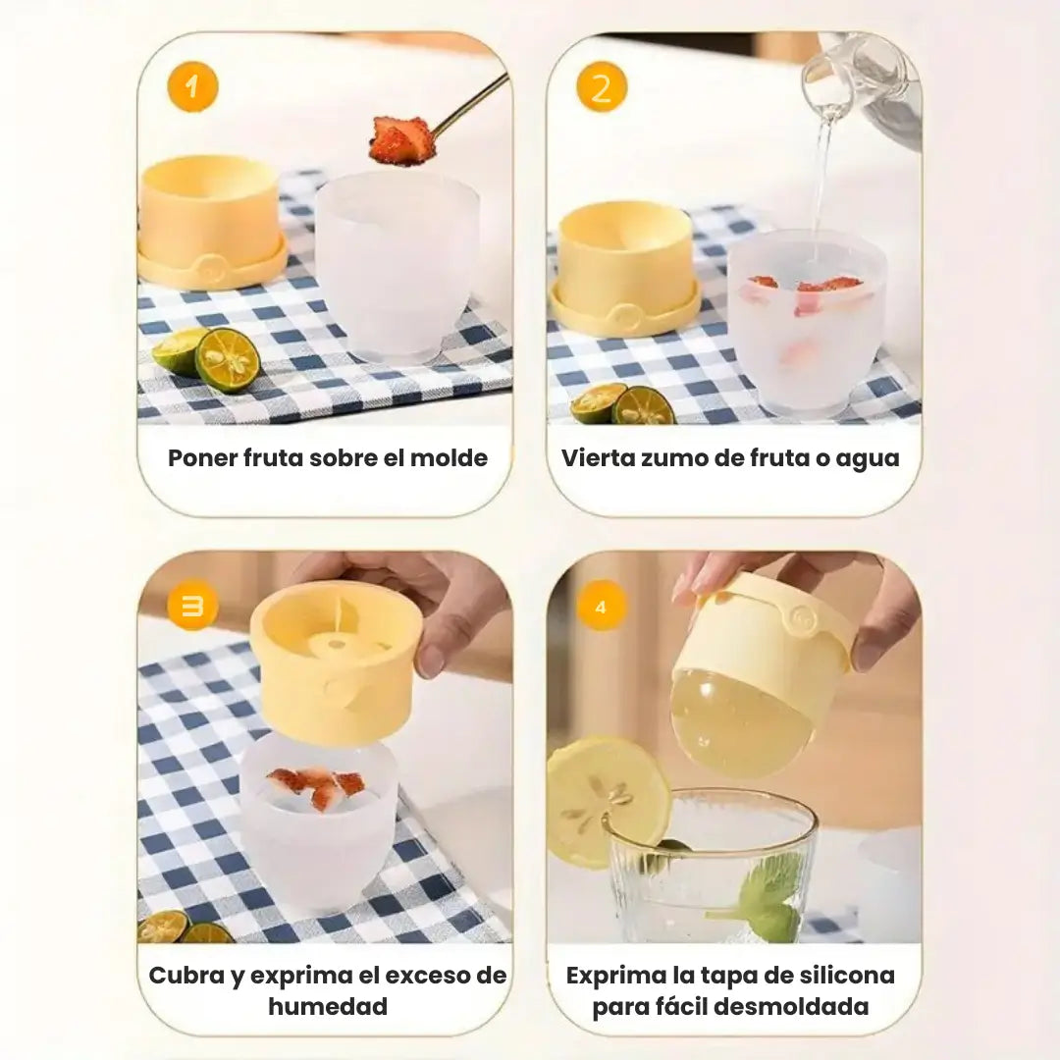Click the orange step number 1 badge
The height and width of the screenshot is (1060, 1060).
(192, 86)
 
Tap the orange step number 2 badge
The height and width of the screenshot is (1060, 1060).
(602, 86)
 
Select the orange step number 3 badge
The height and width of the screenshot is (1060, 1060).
(192, 606)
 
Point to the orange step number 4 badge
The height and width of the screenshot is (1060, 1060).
(602, 606)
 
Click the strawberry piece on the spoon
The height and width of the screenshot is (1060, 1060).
(402, 141)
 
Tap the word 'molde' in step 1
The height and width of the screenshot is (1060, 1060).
(449, 457)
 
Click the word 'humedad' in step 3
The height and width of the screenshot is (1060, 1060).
(328, 1006)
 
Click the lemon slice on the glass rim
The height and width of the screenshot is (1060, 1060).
(605, 800)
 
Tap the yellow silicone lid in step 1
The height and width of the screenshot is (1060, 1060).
(210, 221)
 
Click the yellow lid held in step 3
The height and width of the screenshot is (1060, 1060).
(337, 662)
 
